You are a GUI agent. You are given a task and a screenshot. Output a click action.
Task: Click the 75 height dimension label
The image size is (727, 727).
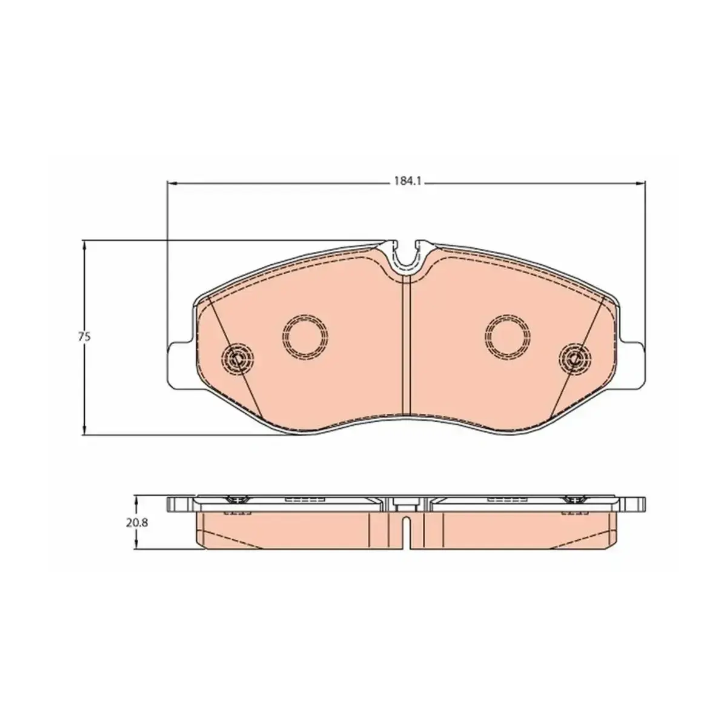tap(85, 337)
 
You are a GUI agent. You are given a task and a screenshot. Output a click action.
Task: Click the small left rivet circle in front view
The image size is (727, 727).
tap(237, 359)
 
